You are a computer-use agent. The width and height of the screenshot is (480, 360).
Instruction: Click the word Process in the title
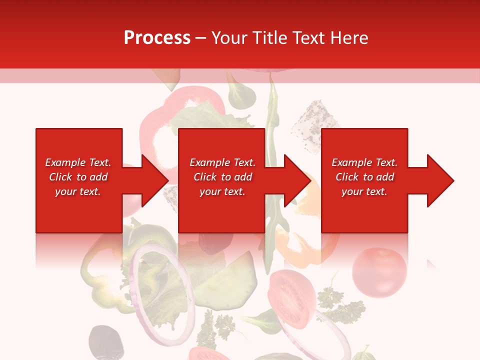[x=157, y=38]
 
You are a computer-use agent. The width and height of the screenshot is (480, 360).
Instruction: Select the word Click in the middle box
[x=204, y=177]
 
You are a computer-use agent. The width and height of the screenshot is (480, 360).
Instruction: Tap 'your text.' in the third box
[x=364, y=191]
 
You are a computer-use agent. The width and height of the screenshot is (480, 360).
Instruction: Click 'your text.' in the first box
[x=78, y=191]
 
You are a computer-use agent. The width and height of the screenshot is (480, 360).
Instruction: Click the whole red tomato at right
[x=379, y=272]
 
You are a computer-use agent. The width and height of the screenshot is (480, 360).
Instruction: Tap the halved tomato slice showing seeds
[x=291, y=297]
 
